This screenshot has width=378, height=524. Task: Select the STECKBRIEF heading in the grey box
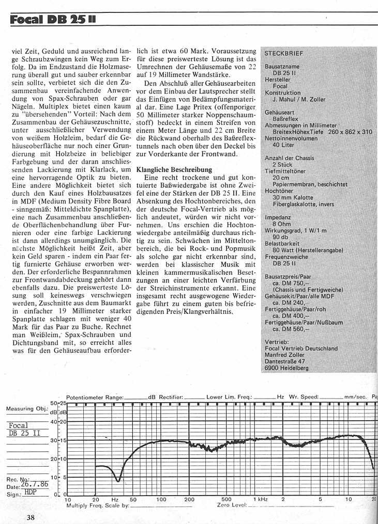284,53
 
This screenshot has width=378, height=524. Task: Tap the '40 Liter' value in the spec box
283,146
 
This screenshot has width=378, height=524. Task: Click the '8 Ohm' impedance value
282,225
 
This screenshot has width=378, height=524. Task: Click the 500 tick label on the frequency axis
226,500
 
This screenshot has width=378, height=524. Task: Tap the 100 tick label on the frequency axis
161,500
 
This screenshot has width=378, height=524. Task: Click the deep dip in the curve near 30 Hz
118,481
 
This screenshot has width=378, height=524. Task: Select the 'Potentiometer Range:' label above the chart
95,397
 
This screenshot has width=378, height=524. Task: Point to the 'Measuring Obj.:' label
27,409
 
